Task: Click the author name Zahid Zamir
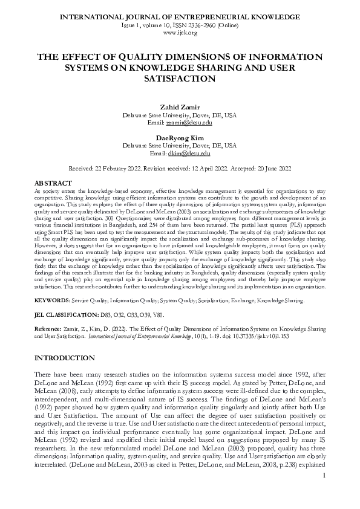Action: (180, 107)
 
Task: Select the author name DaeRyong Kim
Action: (180, 138)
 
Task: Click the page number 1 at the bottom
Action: (324, 493)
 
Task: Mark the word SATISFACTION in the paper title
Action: (180, 79)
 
